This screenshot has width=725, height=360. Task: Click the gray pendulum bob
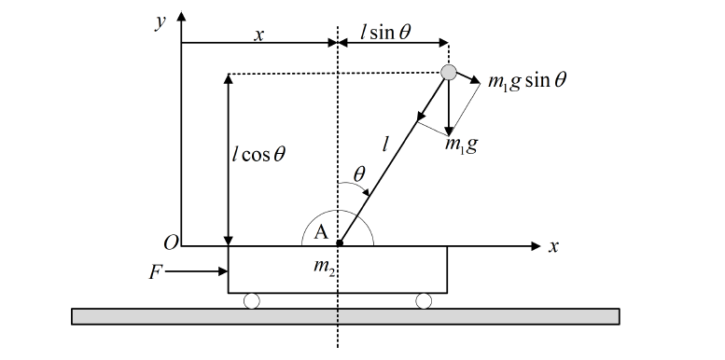(x=449, y=72)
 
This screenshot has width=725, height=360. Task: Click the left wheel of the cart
(x=252, y=300)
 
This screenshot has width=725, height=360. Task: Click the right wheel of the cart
(x=424, y=300)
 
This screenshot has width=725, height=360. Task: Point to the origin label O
(x=170, y=244)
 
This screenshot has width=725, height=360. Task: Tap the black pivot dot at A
(x=339, y=245)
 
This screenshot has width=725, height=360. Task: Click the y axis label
(x=160, y=21)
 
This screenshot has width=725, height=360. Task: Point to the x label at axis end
(x=553, y=246)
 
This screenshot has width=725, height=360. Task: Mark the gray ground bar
(x=345, y=316)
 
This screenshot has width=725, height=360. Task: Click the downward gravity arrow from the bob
(x=449, y=107)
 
